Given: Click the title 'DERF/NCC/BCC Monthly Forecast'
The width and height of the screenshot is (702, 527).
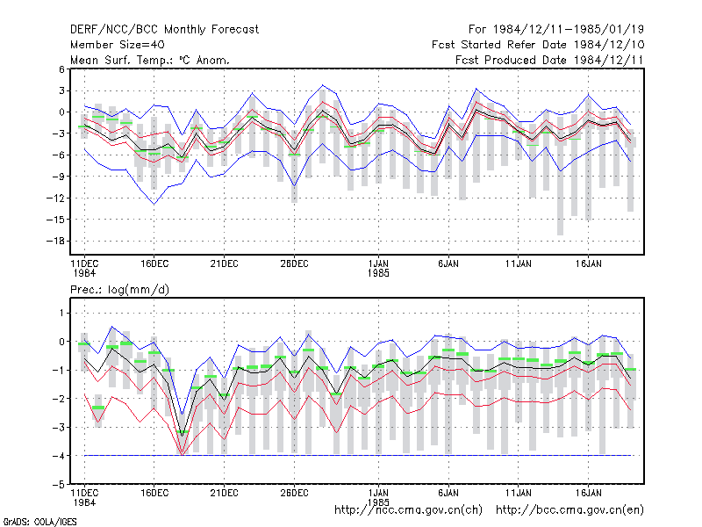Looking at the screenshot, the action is click(x=164, y=30).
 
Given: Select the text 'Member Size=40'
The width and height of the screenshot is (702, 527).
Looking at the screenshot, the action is click(x=118, y=45).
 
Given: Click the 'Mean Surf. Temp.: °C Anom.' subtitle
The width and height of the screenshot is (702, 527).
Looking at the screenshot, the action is click(x=150, y=60).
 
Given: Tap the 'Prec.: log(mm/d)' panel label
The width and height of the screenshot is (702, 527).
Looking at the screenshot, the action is click(x=119, y=290).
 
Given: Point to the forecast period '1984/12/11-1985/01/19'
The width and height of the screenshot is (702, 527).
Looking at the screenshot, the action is click(x=568, y=30).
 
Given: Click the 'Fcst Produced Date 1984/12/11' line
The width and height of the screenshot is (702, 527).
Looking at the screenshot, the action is click(x=549, y=60).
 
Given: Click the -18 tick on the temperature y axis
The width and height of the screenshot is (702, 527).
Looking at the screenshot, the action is click(x=55, y=241).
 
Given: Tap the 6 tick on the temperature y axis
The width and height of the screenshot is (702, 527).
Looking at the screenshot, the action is click(x=61, y=69).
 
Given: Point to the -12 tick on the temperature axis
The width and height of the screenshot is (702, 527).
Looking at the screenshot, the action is click(x=55, y=199).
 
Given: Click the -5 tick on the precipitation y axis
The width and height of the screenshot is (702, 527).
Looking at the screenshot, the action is click(x=59, y=485).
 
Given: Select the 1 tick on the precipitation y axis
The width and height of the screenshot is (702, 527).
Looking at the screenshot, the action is click(x=61, y=313).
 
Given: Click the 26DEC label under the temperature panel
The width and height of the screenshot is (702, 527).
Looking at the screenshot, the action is click(x=294, y=264).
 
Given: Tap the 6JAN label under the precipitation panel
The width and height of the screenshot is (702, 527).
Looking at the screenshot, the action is click(x=448, y=493).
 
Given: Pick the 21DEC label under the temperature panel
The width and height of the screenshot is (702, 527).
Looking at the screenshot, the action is click(x=225, y=264).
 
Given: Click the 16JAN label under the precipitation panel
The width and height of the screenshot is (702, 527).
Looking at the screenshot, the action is click(x=588, y=493).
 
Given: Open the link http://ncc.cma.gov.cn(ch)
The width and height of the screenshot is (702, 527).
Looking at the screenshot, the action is click(x=408, y=510).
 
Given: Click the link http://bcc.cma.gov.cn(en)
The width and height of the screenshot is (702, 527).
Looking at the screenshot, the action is click(x=569, y=510).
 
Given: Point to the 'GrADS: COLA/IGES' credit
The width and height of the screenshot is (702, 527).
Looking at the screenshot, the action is click(x=40, y=522).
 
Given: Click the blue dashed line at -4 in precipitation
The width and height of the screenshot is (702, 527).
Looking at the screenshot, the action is click(x=358, y=456).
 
